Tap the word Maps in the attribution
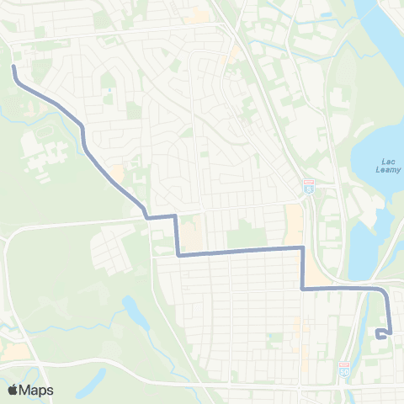coord(37,390)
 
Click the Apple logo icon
coord(13,390)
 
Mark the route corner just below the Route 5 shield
coord(302,247)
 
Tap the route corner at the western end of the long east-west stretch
coord(178,253)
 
